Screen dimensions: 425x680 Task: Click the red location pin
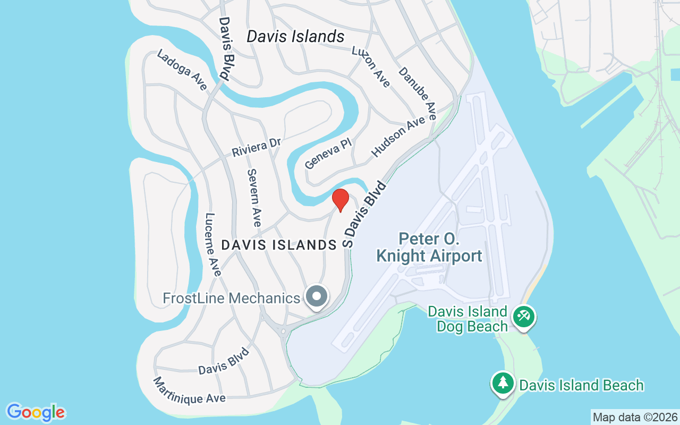(x=340, y=200)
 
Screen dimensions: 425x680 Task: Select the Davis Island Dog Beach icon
(x=523, y=317)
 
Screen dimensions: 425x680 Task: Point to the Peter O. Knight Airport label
(x=429, y=247)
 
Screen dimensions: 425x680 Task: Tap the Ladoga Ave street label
(x=181, y=70)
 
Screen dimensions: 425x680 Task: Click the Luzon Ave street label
(x=371, y=66)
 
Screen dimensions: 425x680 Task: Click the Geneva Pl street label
(x=328, y=155)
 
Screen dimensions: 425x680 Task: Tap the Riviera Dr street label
(x=256, y=147)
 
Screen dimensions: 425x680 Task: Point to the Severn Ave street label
(x=254, y=198)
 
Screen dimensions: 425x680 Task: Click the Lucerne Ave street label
(x=213, y=244)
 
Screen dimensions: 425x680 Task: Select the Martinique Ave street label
(x=189, y=390)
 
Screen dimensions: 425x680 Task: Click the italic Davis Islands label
(x=295, y=36)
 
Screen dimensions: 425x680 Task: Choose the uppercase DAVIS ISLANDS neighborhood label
(x=279, y=245)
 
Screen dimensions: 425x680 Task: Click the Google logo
(x=36, y=412)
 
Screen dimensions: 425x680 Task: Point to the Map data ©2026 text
(x=635, y=417)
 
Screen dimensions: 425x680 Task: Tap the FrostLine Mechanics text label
(x=231, y=298)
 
